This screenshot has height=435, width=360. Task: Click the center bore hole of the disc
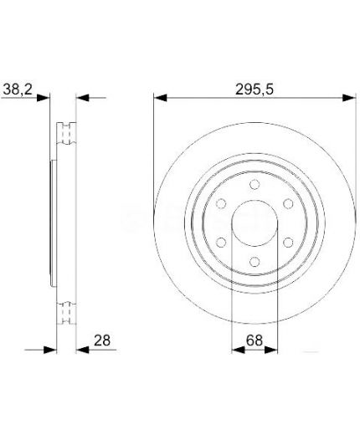[x=253, y=223]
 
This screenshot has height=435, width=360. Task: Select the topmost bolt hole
[x=253, y=183]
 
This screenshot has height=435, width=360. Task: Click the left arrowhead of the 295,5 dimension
[x=159, y=97]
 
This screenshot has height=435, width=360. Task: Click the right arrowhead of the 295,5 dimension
[x=346, y=97]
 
